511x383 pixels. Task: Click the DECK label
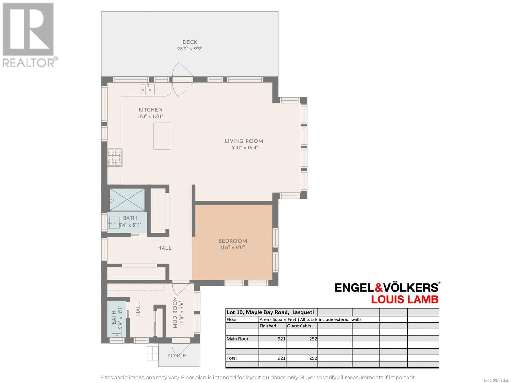(190, 42)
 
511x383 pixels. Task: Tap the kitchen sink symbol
(148, 90)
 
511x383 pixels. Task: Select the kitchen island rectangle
(162, 136)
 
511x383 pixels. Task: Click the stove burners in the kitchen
(115, 158)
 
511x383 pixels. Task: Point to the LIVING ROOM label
(244, 141)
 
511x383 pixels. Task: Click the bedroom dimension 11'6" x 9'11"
(233, 248)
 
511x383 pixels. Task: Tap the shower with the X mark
(127, 200)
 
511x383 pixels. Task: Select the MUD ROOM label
(175, 312)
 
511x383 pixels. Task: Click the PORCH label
(177, 356)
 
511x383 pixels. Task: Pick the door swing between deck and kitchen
(182, 79)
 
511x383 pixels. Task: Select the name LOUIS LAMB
(405, 299)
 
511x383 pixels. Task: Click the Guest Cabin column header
(299, 326)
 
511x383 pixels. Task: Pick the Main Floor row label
(238, 339)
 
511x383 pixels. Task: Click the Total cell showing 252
(313, 358)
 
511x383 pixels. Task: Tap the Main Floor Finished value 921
(281, 339)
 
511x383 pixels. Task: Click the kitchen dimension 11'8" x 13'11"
(150, 116)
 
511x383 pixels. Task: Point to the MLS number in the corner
(497, 380)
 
